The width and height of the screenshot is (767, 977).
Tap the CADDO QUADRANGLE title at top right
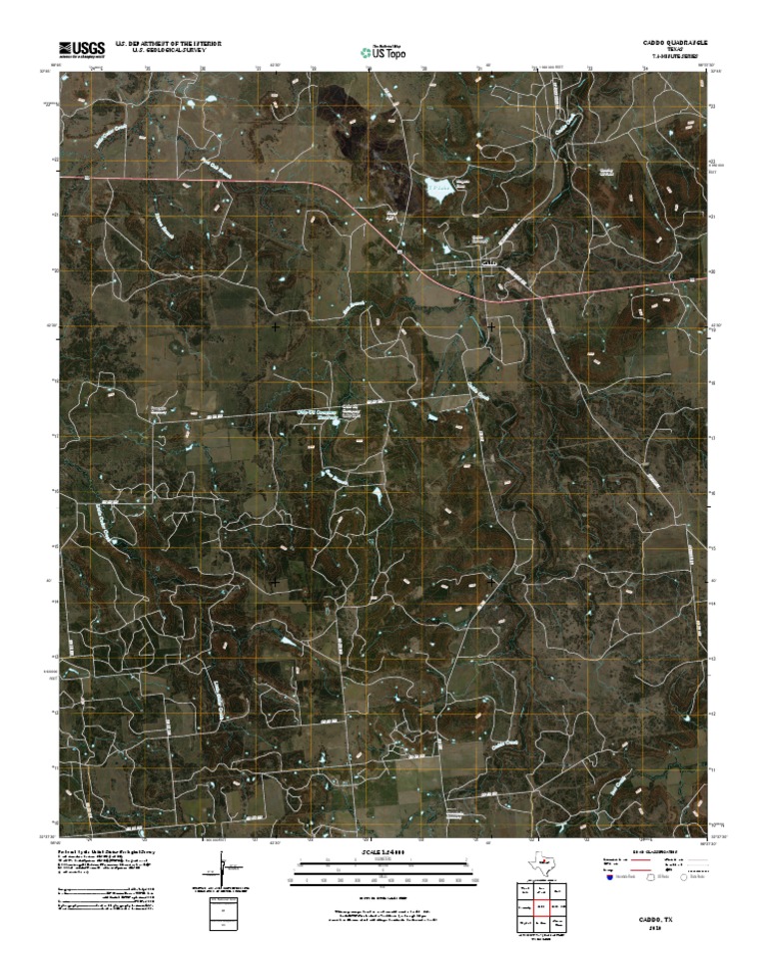[x=675, y=45]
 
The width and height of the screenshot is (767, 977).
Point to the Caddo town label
[x=488, y=262]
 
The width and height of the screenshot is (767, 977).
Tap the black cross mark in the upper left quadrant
[x=276, y=326]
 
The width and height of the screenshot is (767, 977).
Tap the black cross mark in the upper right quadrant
[x=490, y=326]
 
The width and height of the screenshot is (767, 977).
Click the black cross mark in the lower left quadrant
[x=275, y=579]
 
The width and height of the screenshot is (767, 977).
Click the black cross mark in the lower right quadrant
[x=490, y=579]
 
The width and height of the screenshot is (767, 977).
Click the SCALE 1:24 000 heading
[x=383, y=851]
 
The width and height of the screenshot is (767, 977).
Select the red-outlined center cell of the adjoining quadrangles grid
[x=540, y=906]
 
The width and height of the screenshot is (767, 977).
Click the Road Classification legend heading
[x=650, y=851]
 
